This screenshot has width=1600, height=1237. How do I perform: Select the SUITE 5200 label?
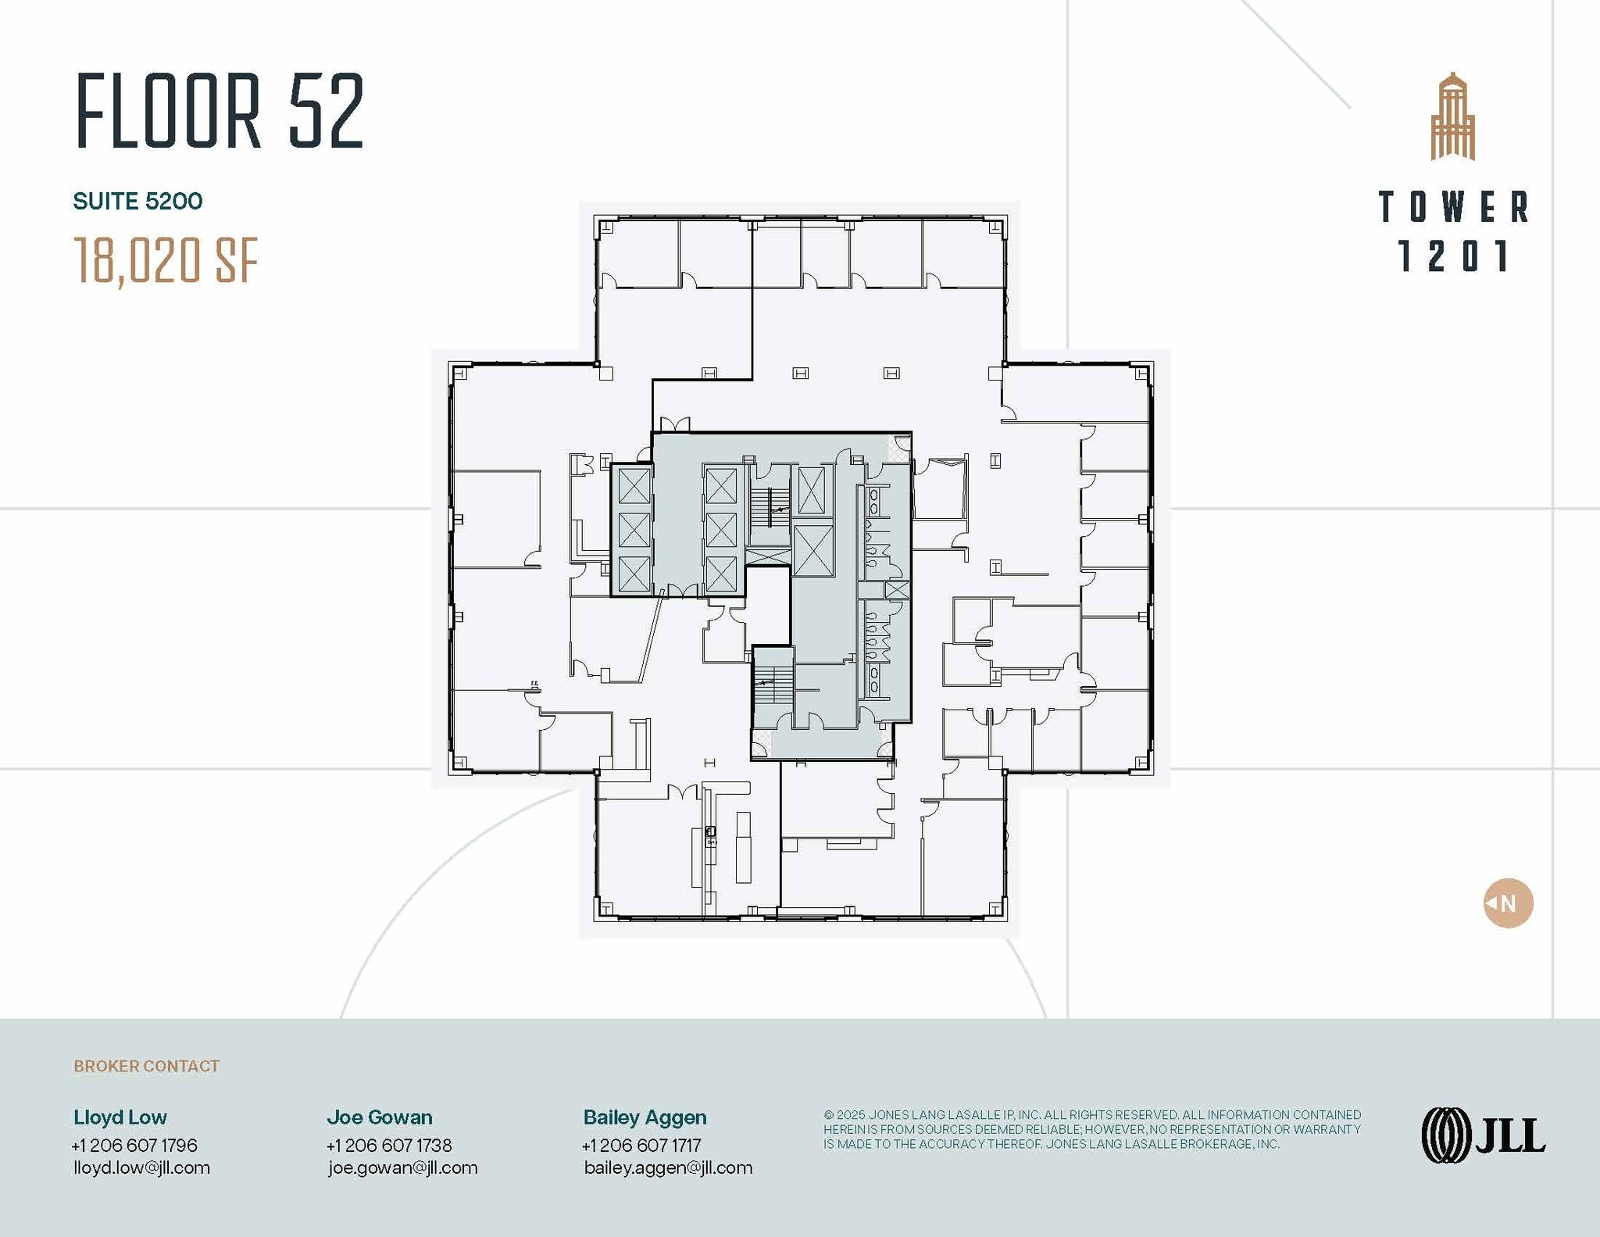(x=137, y=202)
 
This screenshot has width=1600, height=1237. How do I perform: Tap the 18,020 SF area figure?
(x=166, y=260)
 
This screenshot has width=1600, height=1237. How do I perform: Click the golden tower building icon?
(x=1452, y=117)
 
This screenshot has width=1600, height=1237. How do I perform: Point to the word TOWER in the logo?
(x=1453, y=207)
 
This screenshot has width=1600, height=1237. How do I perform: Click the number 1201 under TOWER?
(x=1453, y=256)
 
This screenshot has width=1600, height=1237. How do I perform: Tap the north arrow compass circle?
(x=1508, y=903)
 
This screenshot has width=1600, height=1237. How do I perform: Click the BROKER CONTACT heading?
(x=146, y=1066)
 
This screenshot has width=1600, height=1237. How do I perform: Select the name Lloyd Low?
(x=120, y=1117)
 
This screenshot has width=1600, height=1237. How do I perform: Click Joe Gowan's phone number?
(x=389, y=1145)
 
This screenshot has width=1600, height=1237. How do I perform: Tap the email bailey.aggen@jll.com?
(x=668, y=1167)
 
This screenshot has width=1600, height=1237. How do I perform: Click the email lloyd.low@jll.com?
(x=141, y=1167)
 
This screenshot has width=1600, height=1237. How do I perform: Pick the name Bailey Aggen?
(x=645, y=1117)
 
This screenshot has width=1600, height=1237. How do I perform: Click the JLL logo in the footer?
(x=1483, y=1135)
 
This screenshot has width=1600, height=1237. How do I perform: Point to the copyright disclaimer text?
(x=1091, y=1129)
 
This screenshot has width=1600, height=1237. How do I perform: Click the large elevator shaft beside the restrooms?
(x=813, y=551)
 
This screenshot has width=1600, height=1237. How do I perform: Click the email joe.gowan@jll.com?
(x=402, y=1167)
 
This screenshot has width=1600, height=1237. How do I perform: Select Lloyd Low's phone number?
(x=134, y=1145)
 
